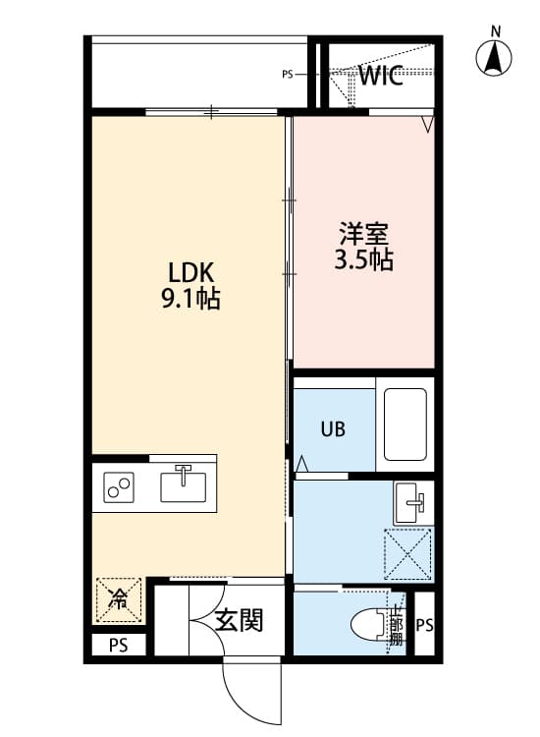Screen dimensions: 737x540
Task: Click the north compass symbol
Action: click(x=497, y=59)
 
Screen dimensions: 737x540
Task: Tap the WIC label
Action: click(x=380, y=76)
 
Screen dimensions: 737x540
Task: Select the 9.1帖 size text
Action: click(x=189, y=300)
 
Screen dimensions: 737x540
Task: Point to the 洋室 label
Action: click(x=364, y=235)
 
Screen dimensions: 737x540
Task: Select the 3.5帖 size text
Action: click(x=364, y=260)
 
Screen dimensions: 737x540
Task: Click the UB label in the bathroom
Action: click(x=331, y=430)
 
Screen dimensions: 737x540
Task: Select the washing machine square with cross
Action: click(x=407, y=554)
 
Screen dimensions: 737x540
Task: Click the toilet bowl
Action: click(x=370, y=623)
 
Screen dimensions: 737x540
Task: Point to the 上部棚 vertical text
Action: click(x=397, y=625)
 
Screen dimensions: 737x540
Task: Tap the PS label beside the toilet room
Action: click(x=424, y=625)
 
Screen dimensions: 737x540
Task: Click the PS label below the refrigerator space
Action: click(x=118, y=646)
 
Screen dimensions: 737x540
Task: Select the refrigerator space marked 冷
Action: click(x=119, y=598)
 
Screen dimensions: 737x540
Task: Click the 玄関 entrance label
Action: click(x=239, y=620)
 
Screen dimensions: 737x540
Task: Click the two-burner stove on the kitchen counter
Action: click(x=120, y=485)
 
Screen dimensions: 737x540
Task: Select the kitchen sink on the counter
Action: click(x=184, y=483)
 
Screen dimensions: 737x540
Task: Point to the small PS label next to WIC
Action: click(x=288, y=73)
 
